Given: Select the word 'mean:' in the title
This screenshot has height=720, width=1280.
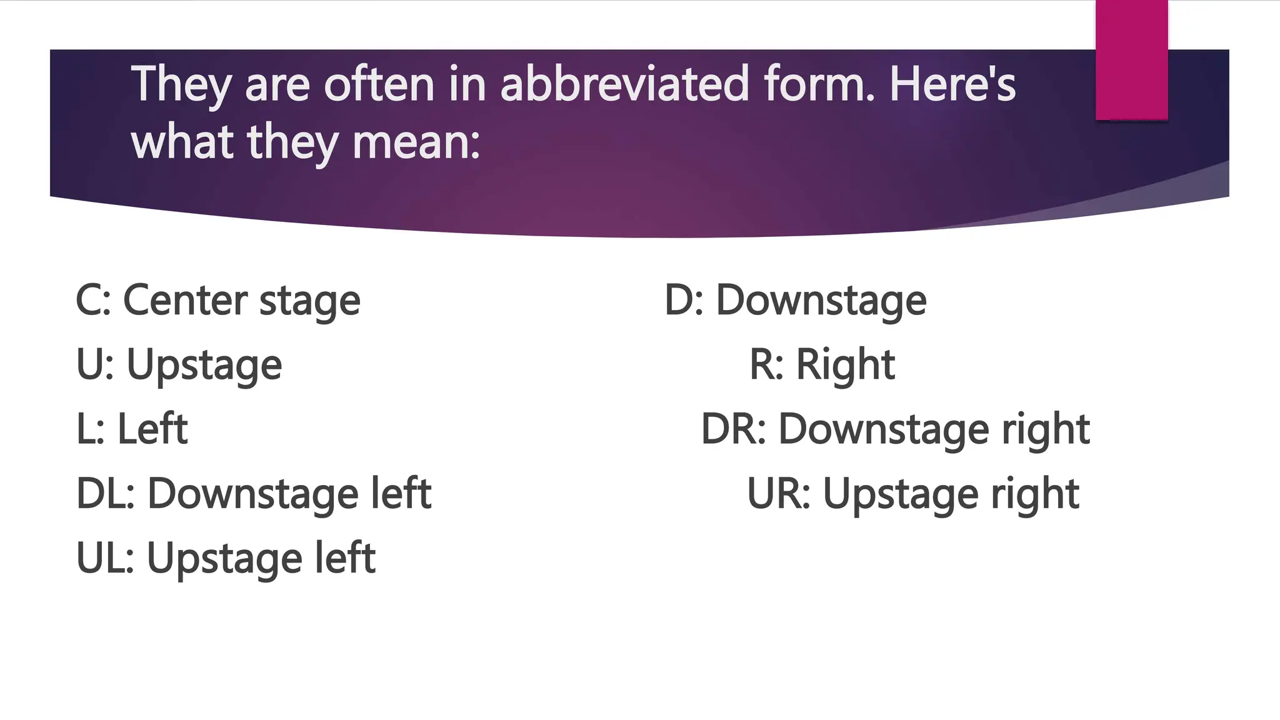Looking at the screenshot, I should [x=416, y=142].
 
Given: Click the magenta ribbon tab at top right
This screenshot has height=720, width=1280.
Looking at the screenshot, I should [x=1131, y=60].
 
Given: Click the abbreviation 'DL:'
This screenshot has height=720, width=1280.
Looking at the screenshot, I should [x=106, y=493].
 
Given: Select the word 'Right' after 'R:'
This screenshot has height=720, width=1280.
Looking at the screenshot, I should [x=845, y=364].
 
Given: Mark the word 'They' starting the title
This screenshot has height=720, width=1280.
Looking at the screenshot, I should [x=181, y=85].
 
